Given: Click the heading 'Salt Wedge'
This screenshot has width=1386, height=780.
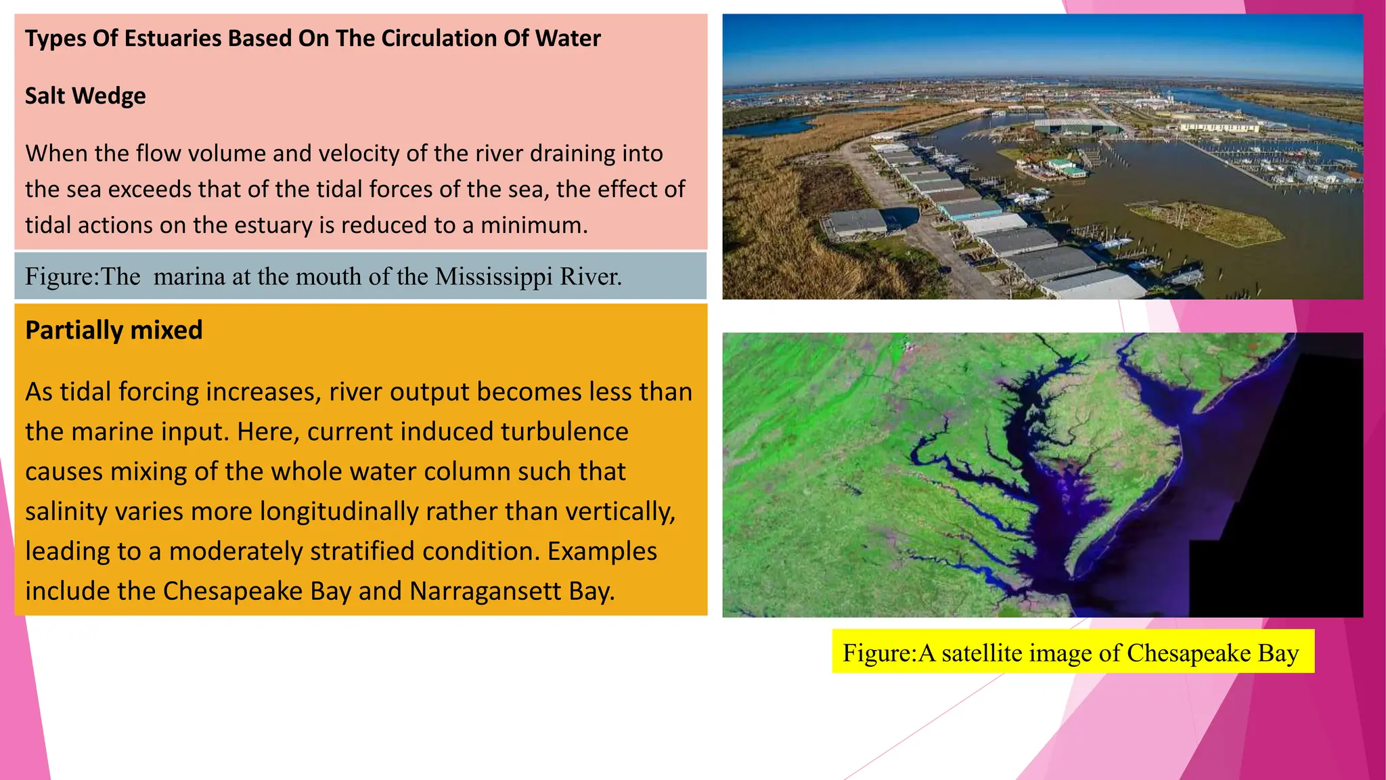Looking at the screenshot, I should pyautogui.click(x=85, y=96).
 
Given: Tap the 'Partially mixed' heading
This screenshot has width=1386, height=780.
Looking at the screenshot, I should pyautogui.click(x=114, y=330).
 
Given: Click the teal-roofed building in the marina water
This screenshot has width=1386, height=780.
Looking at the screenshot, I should pyautogui.click(x=1066, y=167).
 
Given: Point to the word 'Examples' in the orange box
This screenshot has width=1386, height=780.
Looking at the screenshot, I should pyautogui.click(x=602, y=552).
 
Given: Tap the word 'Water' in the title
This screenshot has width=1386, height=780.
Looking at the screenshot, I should pyautogui.click(x=568, y=39).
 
